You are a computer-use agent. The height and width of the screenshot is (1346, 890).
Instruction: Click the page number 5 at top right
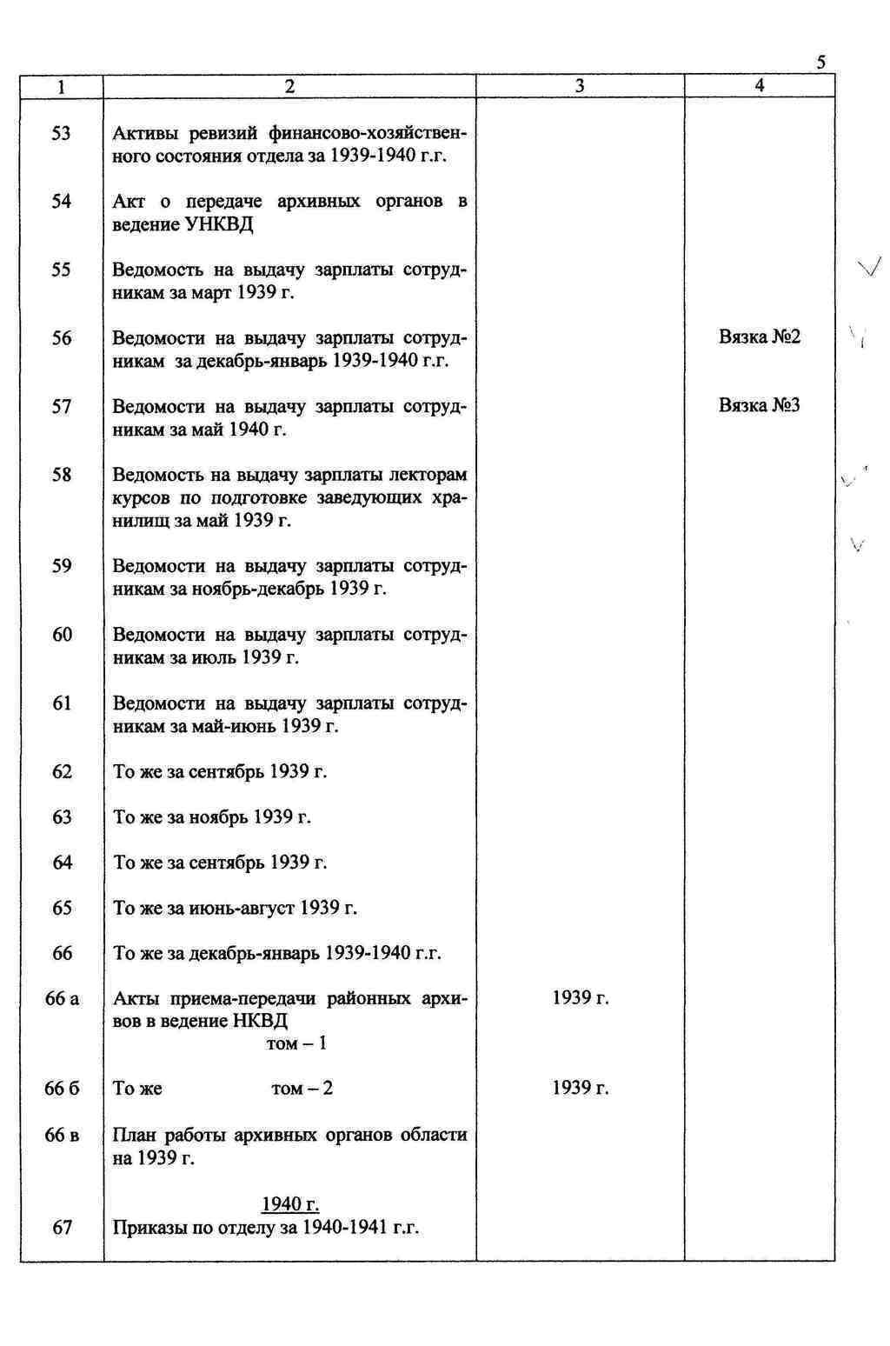[820, 63]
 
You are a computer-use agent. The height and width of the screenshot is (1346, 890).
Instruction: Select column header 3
[580, 85]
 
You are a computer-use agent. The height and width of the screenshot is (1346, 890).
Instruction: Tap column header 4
[760, 85]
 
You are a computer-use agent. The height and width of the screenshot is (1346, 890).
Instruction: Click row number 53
[62, 134]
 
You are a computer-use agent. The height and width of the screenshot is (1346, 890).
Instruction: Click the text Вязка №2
[759, 337]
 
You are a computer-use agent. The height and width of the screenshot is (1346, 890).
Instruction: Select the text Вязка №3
[759, 405]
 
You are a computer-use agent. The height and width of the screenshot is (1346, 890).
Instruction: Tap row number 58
[62, 475]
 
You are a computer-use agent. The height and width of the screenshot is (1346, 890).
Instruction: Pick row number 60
[62, 635]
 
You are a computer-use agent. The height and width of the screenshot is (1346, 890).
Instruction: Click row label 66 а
[62, 999]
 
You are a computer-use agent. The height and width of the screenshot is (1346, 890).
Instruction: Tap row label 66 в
[62, 1136]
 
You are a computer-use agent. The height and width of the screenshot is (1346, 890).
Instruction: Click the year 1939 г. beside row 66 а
[580, 998]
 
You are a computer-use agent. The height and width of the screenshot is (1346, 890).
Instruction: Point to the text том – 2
[302, 1089]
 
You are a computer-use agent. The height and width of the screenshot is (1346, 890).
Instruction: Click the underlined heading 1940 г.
[290, 1204]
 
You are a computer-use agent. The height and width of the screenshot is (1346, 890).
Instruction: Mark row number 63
[62, 817]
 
